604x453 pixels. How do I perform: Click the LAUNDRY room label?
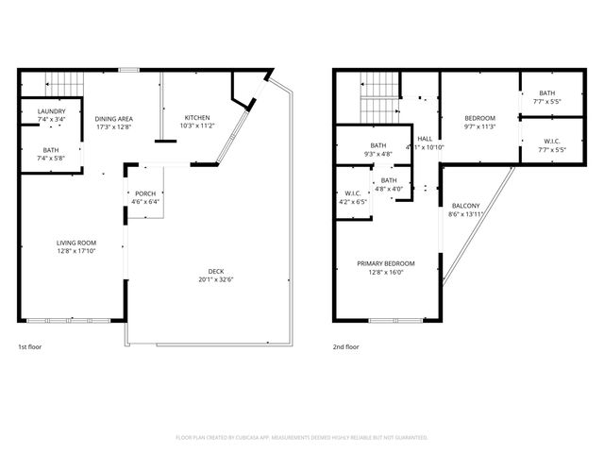[x=52, y=111]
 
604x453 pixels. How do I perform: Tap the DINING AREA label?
[x=113, y=119]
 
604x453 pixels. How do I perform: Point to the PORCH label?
[x=145, y=193]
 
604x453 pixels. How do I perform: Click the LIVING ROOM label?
[x=75, y=243]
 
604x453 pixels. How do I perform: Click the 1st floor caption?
[x=29, y=346]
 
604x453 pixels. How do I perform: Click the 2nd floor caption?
[x=345, y=346]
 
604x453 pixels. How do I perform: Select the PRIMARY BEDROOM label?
[x=384, y=263]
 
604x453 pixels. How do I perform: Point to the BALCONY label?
[x=464, y=206]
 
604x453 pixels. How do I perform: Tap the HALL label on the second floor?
[x=425, y=139]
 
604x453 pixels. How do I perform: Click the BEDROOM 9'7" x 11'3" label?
[x=480, y=119]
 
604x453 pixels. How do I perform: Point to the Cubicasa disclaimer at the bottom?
[x=302, y=437]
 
